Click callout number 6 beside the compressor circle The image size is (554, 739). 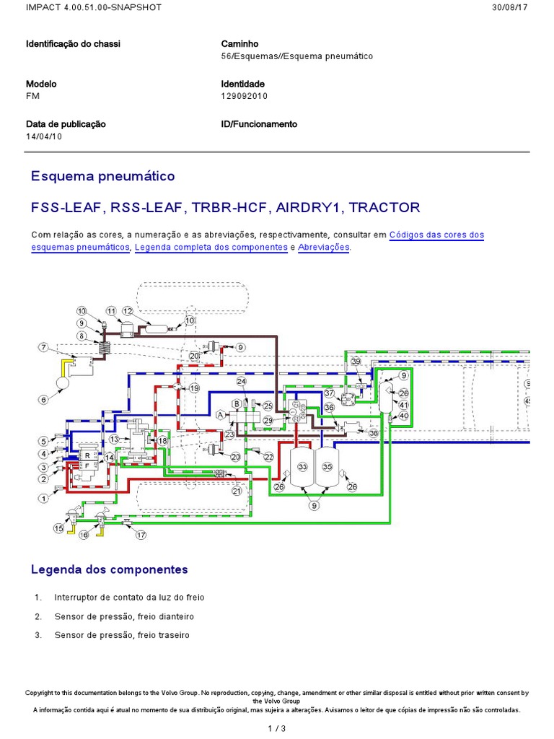point(43,400)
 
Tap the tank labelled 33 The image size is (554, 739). point(302,468)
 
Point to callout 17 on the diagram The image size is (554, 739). point(141,535)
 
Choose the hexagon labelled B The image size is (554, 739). point(235,403)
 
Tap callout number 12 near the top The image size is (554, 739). point(127,311)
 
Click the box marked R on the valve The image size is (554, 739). point(87,456)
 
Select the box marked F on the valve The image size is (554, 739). point(87,467)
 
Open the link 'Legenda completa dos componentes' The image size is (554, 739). point(211,247)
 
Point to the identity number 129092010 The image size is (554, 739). point(244,95)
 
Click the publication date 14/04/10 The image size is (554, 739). point(44,136)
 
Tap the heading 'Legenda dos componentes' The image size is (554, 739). point(109,569)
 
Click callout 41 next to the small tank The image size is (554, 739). point(404,405)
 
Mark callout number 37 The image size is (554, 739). point(330,393)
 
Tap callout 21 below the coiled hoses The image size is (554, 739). point(236,491)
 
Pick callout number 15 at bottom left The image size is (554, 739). point(59,528)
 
